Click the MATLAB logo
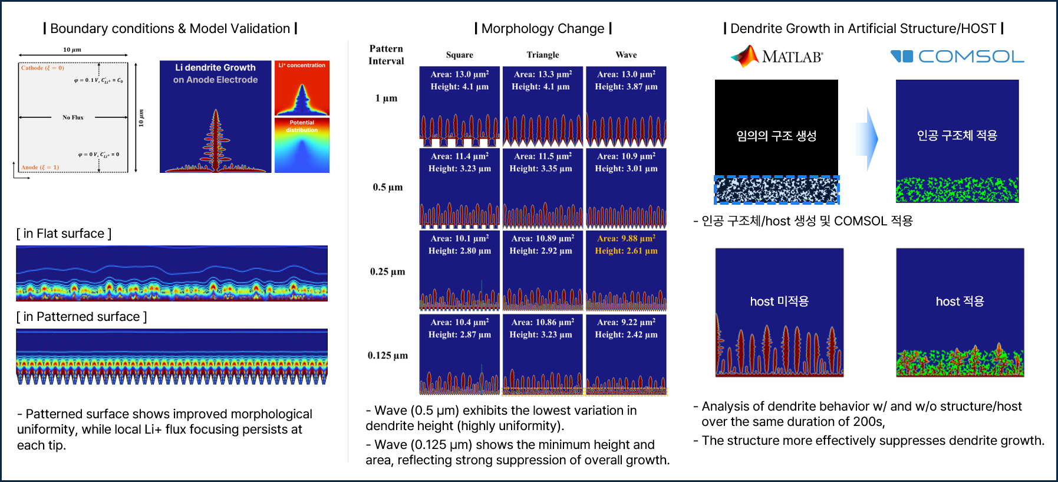tap(776, 56)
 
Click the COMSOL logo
tap(957, 57)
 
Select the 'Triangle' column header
tap(543, 55)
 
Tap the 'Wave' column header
tap(626, 55)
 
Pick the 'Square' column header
tap(460, 55)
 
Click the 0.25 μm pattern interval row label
tap(387, 271)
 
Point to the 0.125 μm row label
tap(388, 355)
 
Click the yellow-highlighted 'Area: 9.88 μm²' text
tap(626, 238)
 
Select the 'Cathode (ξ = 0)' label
tap(43, 68)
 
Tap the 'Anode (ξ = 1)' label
tap(40, 168)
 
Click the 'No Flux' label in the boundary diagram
tap(73, 117)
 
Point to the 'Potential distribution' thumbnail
tap(302, 145)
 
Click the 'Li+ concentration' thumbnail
tap(302, 88)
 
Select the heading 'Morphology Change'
tap(543, 28)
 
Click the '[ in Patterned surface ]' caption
tap(82, 317)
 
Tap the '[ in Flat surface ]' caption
tap(64, 234)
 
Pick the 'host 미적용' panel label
tap(779, 301)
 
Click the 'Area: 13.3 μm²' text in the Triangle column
tap(543, 74)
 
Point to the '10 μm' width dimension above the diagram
tap(72, 50)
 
